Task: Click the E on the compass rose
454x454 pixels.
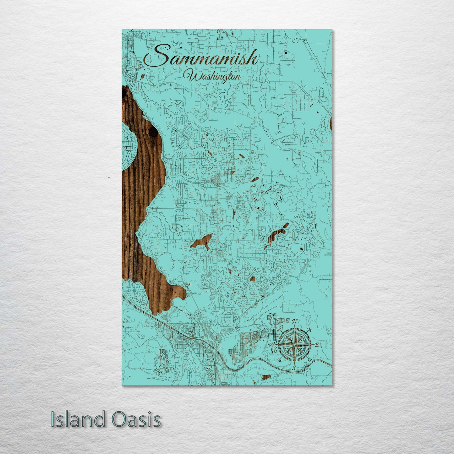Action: (x=317, y=345)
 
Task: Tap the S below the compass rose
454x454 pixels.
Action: (x=294, y=367)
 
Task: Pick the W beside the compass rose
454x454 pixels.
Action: (x=271, y=345)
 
